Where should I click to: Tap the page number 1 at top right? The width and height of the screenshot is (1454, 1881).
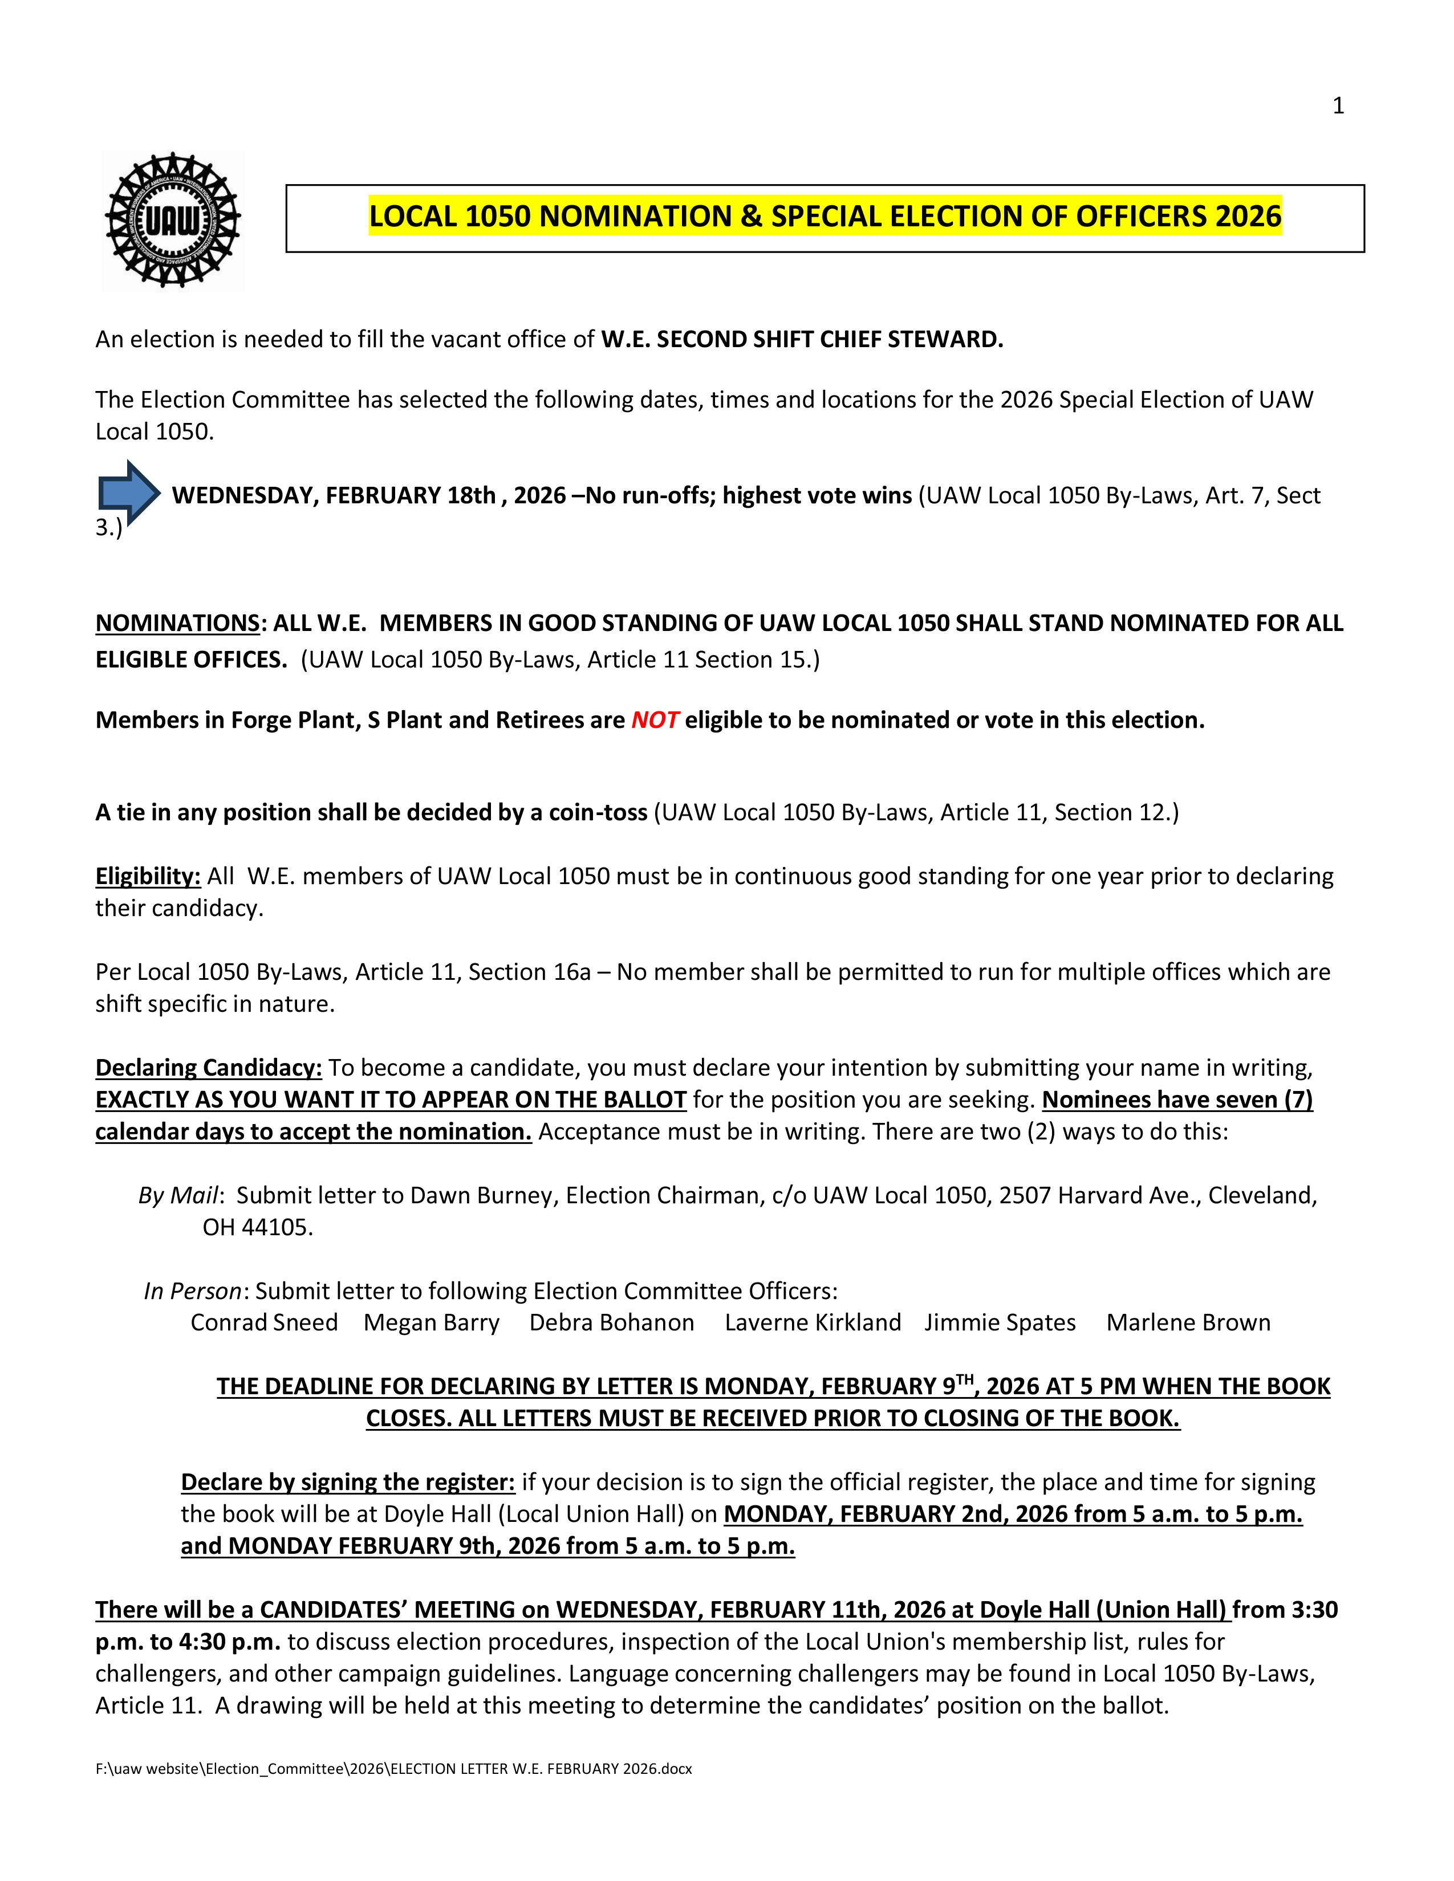click(x=1338, y=106)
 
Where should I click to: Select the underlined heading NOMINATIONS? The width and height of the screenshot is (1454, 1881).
click(x=177, y=622)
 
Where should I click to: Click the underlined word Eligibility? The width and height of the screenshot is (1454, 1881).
click(x=147, y=876)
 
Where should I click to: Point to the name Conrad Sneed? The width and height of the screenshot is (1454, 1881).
click(x=263, y=1322)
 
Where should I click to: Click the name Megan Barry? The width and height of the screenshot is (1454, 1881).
click(x=430, y=1322)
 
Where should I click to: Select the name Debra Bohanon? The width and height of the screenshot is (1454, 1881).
click(x=612, y=1322)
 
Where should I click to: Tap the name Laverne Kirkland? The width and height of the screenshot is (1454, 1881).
click(x=813, y=1322)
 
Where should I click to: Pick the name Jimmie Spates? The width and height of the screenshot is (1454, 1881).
click(x=1000, y=1322)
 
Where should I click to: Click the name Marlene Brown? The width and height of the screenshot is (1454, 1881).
click(x=1188, y=1322)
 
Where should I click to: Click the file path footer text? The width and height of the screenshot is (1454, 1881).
click(x=393, y=1768)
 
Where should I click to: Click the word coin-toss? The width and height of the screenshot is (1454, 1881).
click(x=598, y=812)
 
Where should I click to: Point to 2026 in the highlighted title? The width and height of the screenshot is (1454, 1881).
click(x=1248, y=216)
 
